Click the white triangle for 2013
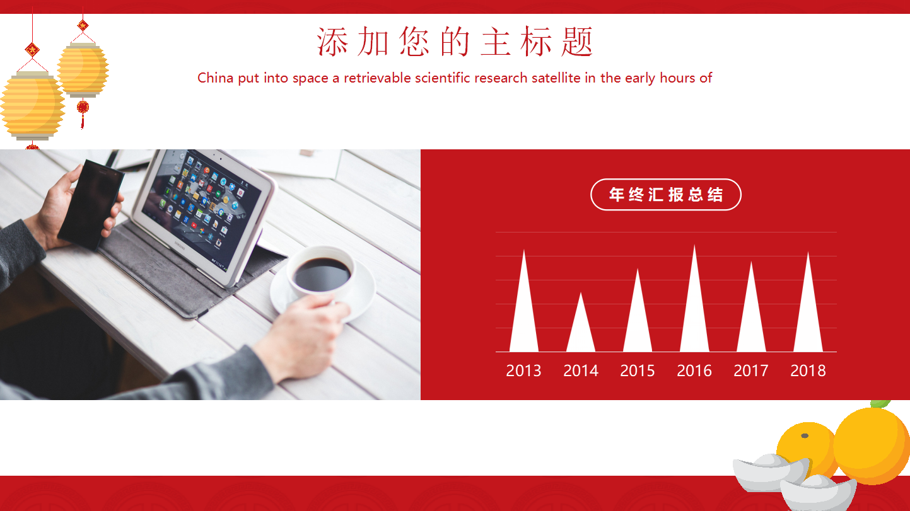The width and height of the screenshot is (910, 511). point(524,315)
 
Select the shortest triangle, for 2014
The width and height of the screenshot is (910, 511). point(581,331)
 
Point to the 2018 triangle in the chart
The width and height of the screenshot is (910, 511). point(808,315)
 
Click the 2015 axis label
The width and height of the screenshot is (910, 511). point(638,370)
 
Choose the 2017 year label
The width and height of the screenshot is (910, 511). point(751,370)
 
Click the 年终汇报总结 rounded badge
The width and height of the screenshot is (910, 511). point(665,195)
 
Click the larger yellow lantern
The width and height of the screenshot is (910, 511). point(32,105)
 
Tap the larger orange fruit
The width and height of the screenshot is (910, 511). point(871,444)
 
